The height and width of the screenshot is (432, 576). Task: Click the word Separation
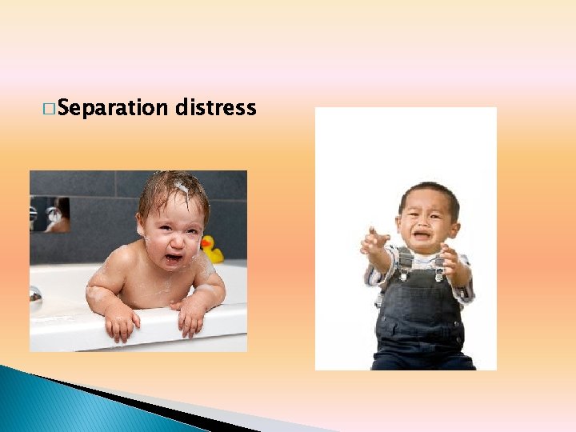coord(113,108)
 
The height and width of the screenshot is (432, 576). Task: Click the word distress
coord(214,107)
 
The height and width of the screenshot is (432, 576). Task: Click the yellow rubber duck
coord(211,249)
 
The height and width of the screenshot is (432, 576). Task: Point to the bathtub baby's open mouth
coord(173,258)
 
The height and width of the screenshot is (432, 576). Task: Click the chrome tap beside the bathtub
coord(34,295)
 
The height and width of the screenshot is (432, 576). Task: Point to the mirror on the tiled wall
coord(50,214)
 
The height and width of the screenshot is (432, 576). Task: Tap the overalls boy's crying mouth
coord(422,237)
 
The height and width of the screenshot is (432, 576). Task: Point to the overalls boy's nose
coord(422,225)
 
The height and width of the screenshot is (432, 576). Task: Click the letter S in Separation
coord(63,108)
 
